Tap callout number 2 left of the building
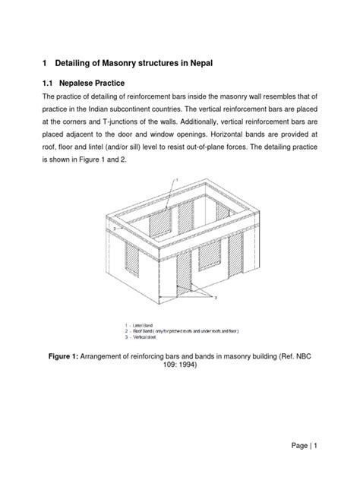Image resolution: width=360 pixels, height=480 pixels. pos(113,227)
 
